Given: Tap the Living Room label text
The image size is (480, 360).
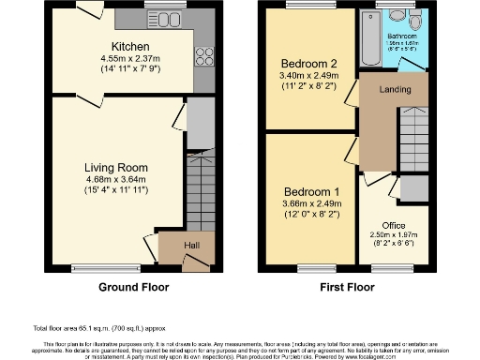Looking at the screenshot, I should click(116, 169).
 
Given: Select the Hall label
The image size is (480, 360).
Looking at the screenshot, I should click(191, 246).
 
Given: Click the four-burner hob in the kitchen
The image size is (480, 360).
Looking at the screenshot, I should click(202, 55).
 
